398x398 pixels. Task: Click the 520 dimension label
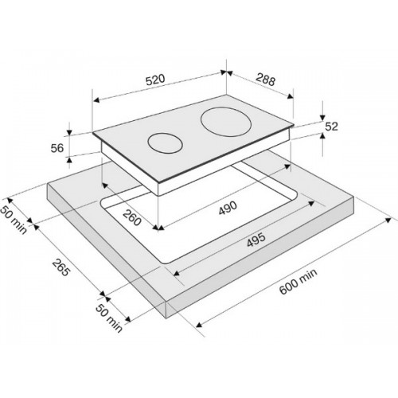(156, 80)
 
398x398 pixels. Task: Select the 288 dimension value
(266, 79)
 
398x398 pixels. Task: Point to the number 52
(331, 127)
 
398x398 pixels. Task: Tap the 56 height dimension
(57, 148)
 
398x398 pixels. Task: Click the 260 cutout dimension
(132, 217)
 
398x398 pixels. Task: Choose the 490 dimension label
(228, 208)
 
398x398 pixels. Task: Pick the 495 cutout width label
(256, 240)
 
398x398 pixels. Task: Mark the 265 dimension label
(60, 267)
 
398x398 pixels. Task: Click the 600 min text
(298, 282)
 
